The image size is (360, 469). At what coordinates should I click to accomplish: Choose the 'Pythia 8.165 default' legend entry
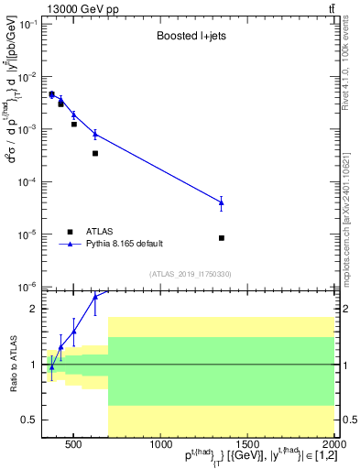(125, 244)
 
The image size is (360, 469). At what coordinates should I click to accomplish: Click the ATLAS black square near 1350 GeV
(222, 238)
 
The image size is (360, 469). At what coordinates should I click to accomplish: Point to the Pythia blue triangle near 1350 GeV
(222, 202)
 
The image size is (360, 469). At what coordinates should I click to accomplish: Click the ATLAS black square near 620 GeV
(95, 153)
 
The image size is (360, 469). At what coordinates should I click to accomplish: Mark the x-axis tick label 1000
(160, 446)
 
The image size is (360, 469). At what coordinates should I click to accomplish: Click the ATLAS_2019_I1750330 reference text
(190, 274)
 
